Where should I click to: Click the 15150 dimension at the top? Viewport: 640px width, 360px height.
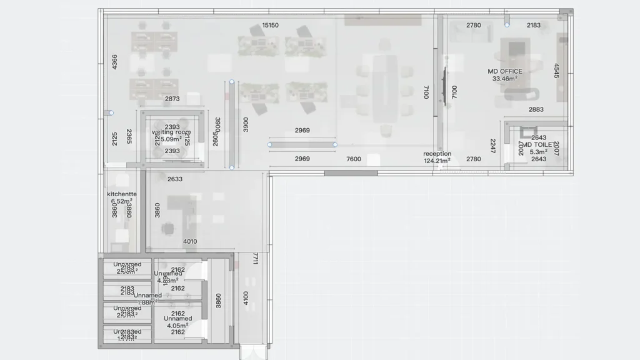point(270,26)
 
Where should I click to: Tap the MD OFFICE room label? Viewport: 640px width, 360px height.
point(505,71)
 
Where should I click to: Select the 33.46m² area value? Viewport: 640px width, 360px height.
point(505,79)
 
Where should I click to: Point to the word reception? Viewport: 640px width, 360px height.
point(437,154)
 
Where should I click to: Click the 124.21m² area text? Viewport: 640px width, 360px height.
point(437,161)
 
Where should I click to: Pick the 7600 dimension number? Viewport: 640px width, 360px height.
point(354,159)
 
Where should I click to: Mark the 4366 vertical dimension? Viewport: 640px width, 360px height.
point(114,62)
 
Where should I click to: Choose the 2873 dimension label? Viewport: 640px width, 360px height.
point(172,99)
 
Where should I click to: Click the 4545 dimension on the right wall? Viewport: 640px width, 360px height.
point(556,71)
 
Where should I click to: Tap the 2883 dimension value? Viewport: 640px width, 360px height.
point(536,110)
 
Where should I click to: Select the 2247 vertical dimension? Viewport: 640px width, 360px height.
point(493,146)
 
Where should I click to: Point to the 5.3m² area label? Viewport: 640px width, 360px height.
point(538,152)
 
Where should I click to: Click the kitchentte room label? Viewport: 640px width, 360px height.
point(122,194)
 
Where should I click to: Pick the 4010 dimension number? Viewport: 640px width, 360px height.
point(190,242)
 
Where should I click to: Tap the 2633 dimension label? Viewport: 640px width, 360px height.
point(175,179)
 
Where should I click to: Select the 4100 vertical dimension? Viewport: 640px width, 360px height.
point(246,298)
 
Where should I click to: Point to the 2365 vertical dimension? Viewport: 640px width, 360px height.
point(129,137)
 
